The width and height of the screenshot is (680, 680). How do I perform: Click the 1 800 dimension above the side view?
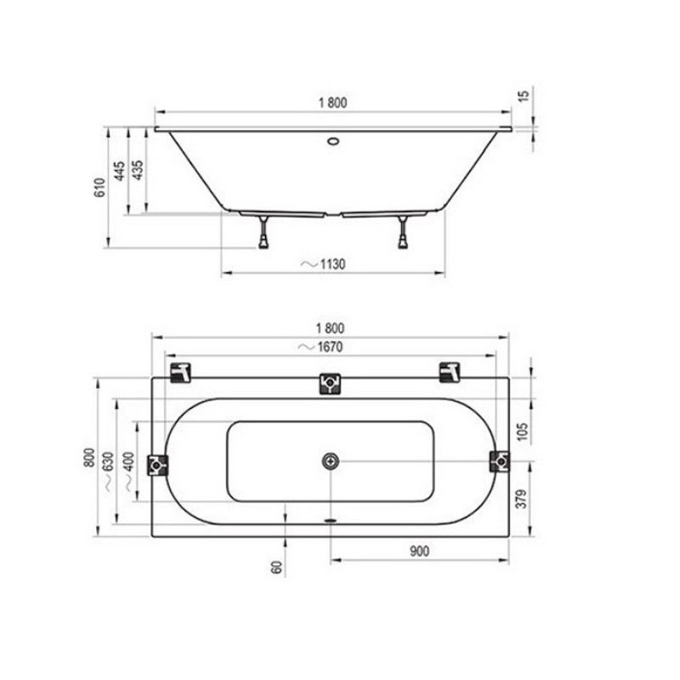332,103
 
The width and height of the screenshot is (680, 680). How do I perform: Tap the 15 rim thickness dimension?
524,96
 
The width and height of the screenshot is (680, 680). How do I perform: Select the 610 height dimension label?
99,187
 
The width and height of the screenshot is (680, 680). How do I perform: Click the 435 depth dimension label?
137,170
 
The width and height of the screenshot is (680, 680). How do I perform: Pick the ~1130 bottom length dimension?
323,263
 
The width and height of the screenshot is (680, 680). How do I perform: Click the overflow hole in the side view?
333,141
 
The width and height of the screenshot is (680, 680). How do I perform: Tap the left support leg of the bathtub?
263,232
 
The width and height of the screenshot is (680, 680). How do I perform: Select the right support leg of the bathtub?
403,232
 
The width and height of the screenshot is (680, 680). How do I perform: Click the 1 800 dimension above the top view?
330,328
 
